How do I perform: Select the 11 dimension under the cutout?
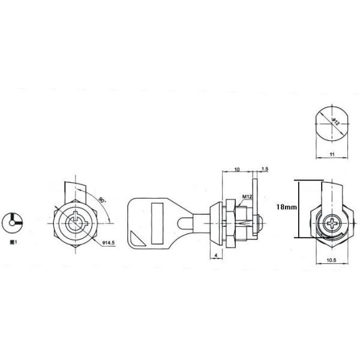[x=332, y=154]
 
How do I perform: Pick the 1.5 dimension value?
[x=265, y=170]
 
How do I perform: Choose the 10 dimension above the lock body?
[x=237, y=170]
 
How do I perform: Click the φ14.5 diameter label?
[x=109, y=242]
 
